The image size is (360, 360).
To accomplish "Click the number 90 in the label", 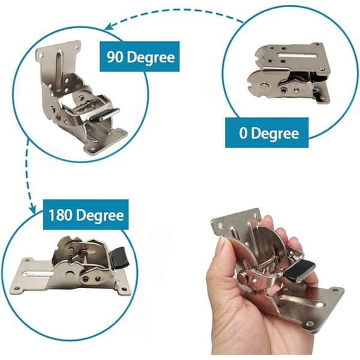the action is (x=115, y=57).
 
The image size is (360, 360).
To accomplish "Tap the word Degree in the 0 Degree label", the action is (x=275, y=133).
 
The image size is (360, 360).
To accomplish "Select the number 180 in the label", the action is (x=61, y=215).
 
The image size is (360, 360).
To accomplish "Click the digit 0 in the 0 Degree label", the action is (x=243, y=133).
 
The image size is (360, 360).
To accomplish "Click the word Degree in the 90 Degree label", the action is (x=151, y=58).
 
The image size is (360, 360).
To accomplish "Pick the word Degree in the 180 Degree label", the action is (x=100, y=215).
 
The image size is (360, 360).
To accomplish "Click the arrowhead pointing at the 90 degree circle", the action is (x=109, y=26).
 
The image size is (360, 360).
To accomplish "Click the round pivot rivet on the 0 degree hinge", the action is (x=264, y=86).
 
